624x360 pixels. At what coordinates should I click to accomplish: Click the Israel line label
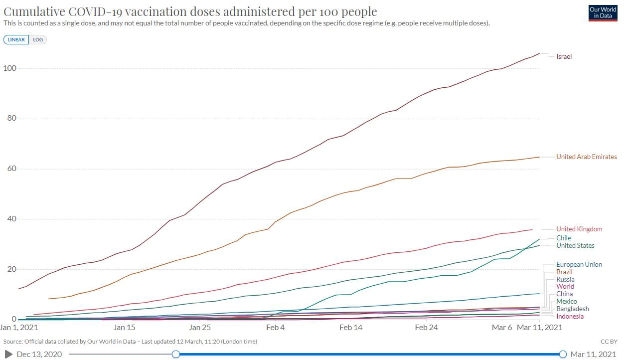(x=564, y=56)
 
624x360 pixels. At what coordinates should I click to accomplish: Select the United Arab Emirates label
(x=586, y=157)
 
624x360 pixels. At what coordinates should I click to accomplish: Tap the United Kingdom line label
(x=579, y=229)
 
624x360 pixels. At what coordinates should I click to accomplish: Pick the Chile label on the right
(x=564, y=238)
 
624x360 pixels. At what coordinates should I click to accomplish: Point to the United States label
(x=575, y=245)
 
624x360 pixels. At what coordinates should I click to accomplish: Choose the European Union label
(x=579, y=264)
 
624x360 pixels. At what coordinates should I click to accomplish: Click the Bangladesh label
(x=572, y=309)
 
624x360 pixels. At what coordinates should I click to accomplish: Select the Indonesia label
(x=570, y=316)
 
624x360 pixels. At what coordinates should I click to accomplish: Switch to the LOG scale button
(x=38, y=40)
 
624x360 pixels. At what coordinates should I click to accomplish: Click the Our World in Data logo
(x=603, y=13)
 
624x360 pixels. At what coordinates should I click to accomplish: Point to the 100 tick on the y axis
(x=10, y=68)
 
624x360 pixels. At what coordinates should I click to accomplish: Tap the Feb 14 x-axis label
(x=351, y=328)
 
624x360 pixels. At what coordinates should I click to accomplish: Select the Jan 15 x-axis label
(x=124, y=328)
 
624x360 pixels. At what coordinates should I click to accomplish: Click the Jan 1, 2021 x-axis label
(x=19, y=328)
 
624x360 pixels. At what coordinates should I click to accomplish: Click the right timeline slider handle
(x=563, y=354)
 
